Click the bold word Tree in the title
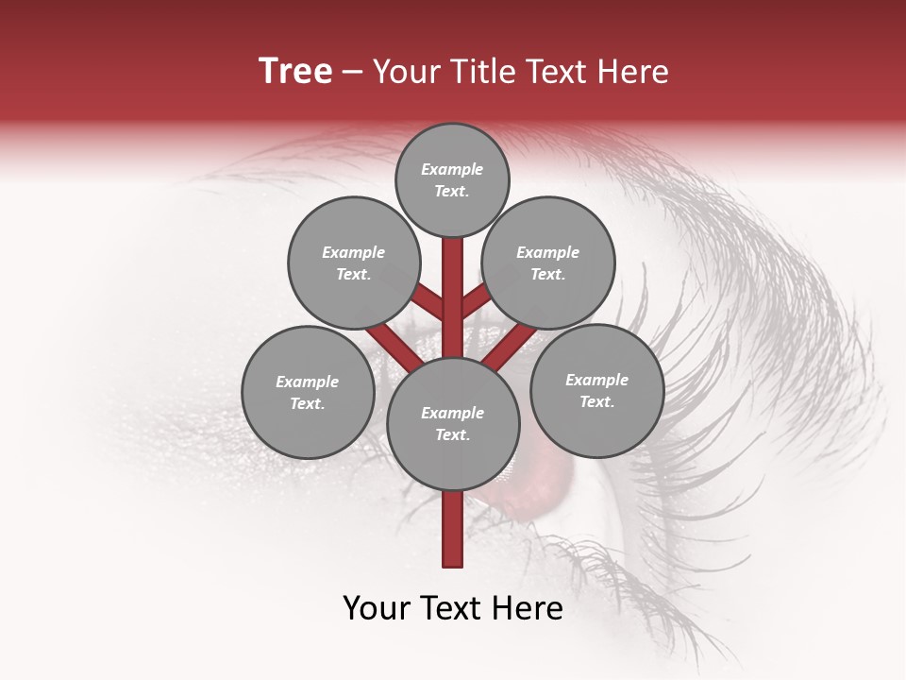(x=295, y=72)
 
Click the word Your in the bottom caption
(x=376, y=608)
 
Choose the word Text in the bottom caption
(x=451, y=608)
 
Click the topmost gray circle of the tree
(x=452, y=179)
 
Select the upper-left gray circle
(x=353, y=263)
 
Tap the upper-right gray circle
(x=548, y=263)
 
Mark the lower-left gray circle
(x=308, y=392)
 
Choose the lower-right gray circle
(x=596, y=390)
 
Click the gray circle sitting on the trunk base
(x=453, y=423)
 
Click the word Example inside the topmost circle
(x=452, y=170)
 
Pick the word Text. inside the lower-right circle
(x=596, y=401)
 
